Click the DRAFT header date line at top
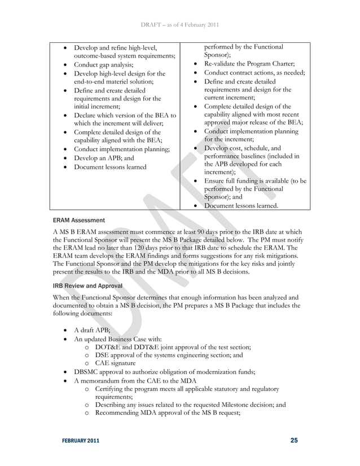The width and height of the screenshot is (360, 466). pyautogui.click(x=179, y=24)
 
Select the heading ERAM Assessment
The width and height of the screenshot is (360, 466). pyautogui.click(x=78, y=220)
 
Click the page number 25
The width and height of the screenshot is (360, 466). pyautogui.click(x=293, y=440)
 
